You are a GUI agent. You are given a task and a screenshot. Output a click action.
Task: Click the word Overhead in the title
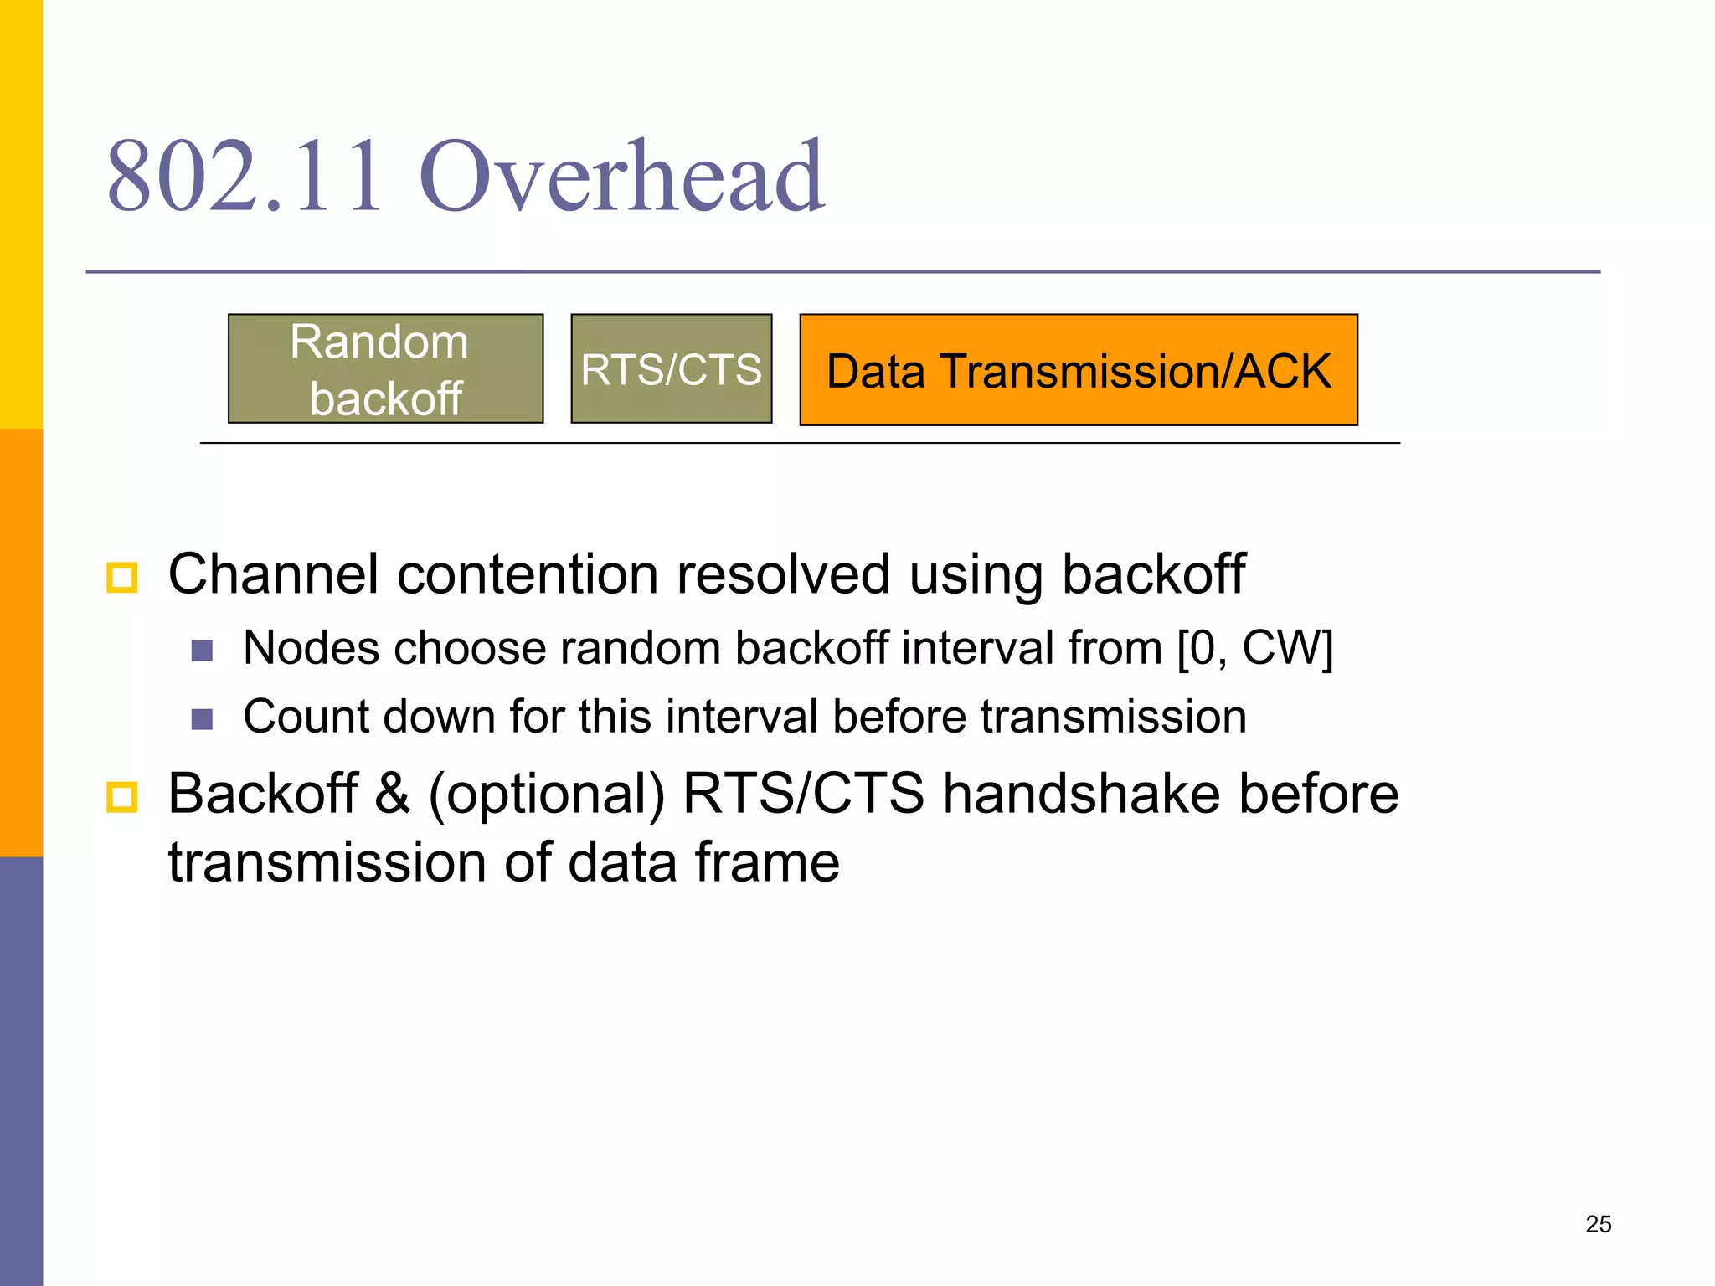(621, 177)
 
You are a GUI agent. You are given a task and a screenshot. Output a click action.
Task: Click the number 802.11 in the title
(245, 177)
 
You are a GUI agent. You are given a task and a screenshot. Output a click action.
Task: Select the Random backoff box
(385, 369)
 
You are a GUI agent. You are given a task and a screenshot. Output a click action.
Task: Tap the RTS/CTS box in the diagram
(671, 369)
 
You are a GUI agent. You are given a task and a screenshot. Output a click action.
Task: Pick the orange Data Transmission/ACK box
(1078, 371)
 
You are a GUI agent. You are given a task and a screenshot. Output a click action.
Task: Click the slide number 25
(1598, 1224)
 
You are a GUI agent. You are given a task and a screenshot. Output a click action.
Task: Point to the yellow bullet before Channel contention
(122, 578)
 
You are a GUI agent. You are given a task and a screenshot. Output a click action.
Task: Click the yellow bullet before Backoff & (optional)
(122, 796)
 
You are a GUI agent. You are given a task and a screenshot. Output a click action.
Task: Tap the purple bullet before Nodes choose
(202, 651)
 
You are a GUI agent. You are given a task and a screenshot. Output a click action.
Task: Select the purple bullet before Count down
(202, 719)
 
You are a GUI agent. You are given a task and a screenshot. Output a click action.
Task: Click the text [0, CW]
(1254, 649)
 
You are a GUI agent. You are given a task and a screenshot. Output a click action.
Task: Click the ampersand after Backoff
(393, 794)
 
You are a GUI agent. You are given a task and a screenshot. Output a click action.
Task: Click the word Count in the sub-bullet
(306, 718)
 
